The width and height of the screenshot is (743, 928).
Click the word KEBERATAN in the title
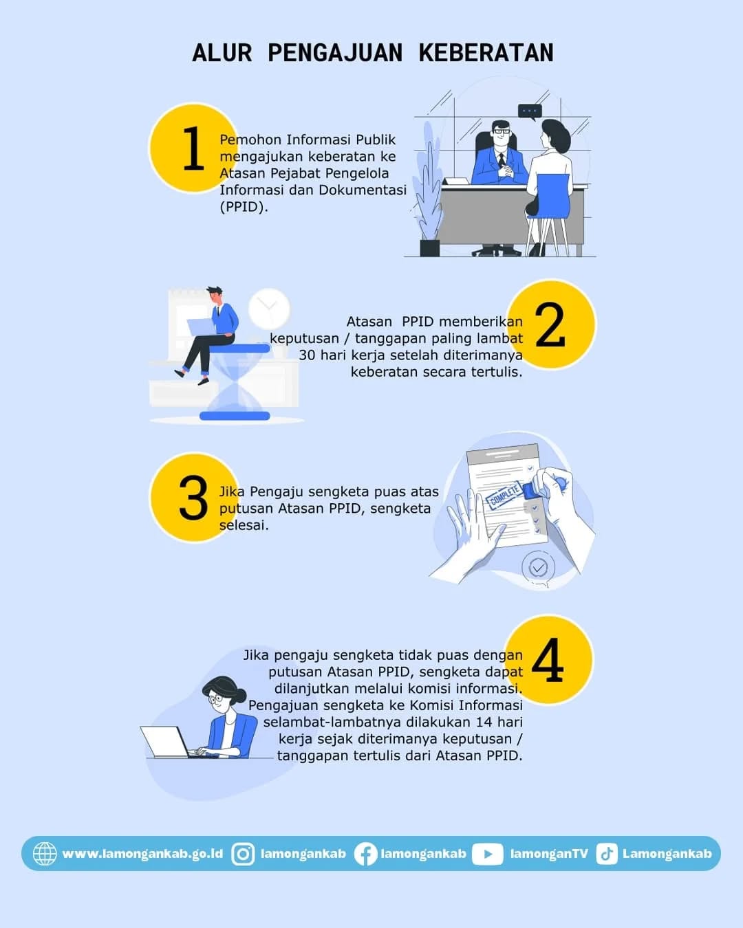[x=486, y=53]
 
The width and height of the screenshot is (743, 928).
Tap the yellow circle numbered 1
[x=193, y=148]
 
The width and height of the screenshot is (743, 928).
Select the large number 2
[x=550, y=324]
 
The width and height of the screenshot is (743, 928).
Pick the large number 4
[x=548, y=660]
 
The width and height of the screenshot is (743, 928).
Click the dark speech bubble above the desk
[x=530, y=111]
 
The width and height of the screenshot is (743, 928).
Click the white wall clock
[x=269, y=309]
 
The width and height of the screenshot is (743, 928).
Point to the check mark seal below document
[x=538, y=568]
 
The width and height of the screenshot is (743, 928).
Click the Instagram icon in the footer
[x=243, y=854]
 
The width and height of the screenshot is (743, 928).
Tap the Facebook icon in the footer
[x=365, y=854]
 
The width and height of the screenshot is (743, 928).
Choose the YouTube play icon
[x=487, y=854]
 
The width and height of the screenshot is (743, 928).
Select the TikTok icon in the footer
[x=607, y=854]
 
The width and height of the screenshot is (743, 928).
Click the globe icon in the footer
[x=45, y=854]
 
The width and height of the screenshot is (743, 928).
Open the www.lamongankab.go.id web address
[x=143, y=854]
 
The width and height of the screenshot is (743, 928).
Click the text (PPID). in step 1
[x=244, y=207]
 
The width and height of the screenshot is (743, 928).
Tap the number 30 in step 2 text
[x=308, y=355]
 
